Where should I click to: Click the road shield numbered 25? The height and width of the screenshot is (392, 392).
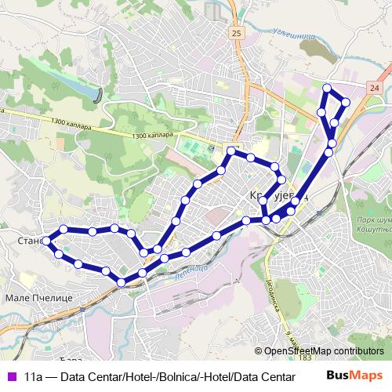[x=237, y=34]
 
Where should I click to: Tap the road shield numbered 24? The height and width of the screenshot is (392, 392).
[x=375, y=89]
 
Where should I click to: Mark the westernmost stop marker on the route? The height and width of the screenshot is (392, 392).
[x=46, y=240]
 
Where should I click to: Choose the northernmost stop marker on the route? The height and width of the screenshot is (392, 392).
[x=327, y=88]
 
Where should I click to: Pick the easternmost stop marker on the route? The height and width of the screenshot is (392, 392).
[x=346, y=102]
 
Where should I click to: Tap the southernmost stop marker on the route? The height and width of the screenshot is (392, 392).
[x=122, y=282]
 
